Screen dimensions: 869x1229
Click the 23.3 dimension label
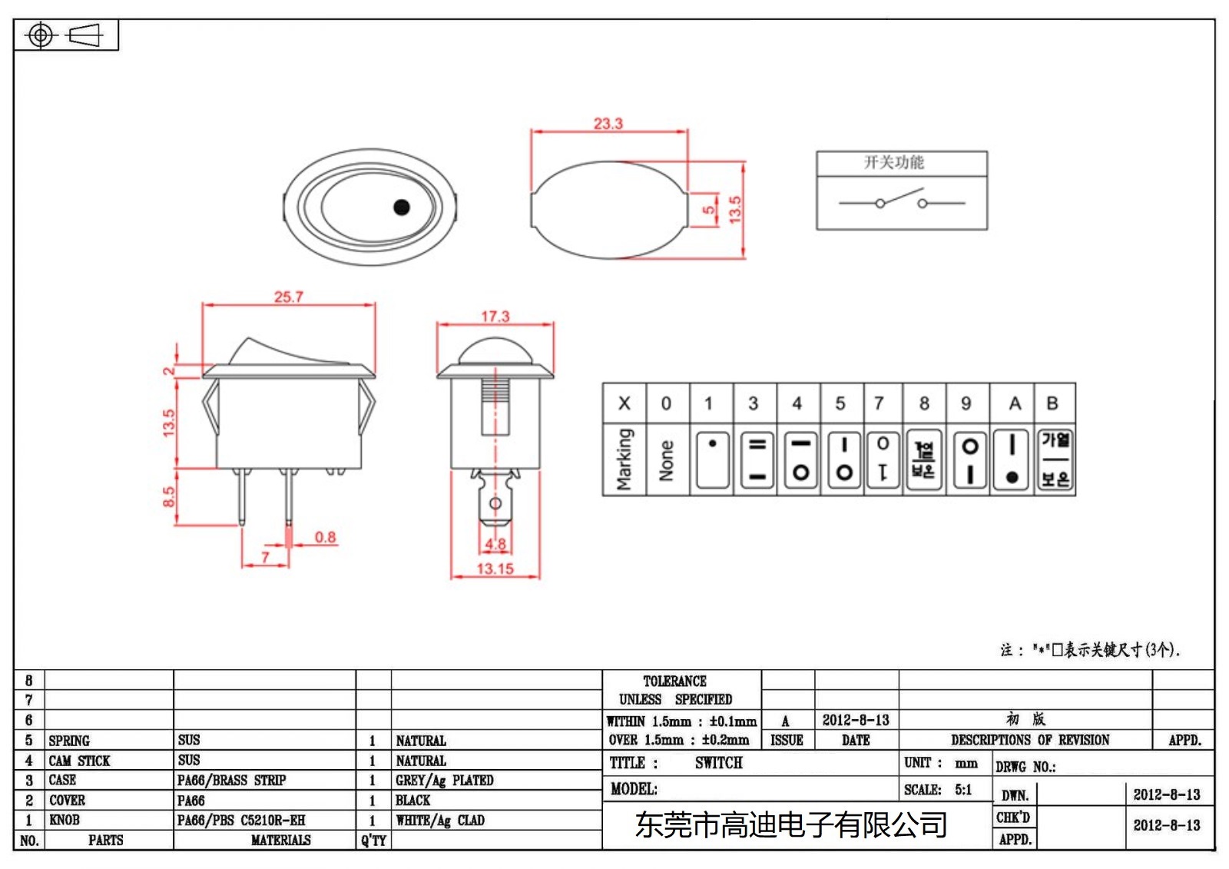pyautogui.click(x=608, y=123)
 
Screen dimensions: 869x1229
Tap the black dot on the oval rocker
pyautogui.click(x=401, y=207)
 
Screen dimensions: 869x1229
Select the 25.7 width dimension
pyautogui.click(x=288, y=297)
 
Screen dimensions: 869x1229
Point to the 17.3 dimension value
pyautogui.click(x=495, y=316)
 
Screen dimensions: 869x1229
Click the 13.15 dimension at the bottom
pyautogui.click(x=495, y=569)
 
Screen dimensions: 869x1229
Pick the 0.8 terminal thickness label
pyautogui.click(x=325, y=536)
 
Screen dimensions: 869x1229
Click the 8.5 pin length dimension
pyautogui.click(x=168, y=496)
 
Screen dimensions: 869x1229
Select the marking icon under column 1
pyautogui.click(x=712, y=459)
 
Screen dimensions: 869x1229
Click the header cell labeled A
pyautogui.click(x=1014, y=403)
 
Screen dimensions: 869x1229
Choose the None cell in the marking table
pyautogui.click(x=666, y=459)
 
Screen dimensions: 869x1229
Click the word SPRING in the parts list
pyautogui.click(x=69, y=741)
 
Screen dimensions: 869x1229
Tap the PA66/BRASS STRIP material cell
pyautogui.click(x=231, y=780)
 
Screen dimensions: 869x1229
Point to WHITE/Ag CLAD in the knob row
pyautogui.click(x=439, y=820)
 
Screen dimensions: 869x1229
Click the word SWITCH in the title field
pyautogui.click(x=718, y=762)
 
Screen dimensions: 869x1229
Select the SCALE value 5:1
pyautogui.click(x=962, y=789)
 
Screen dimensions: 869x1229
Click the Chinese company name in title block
pyautogui.click(x=790, y=824)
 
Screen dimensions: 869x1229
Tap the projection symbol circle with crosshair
pyautogui.click(x=41, y=35)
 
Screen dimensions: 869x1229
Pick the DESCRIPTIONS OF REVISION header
pyautogui.click(x=1029, y=740)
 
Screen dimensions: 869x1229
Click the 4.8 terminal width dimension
pyautogui.click(x=495, y=544)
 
